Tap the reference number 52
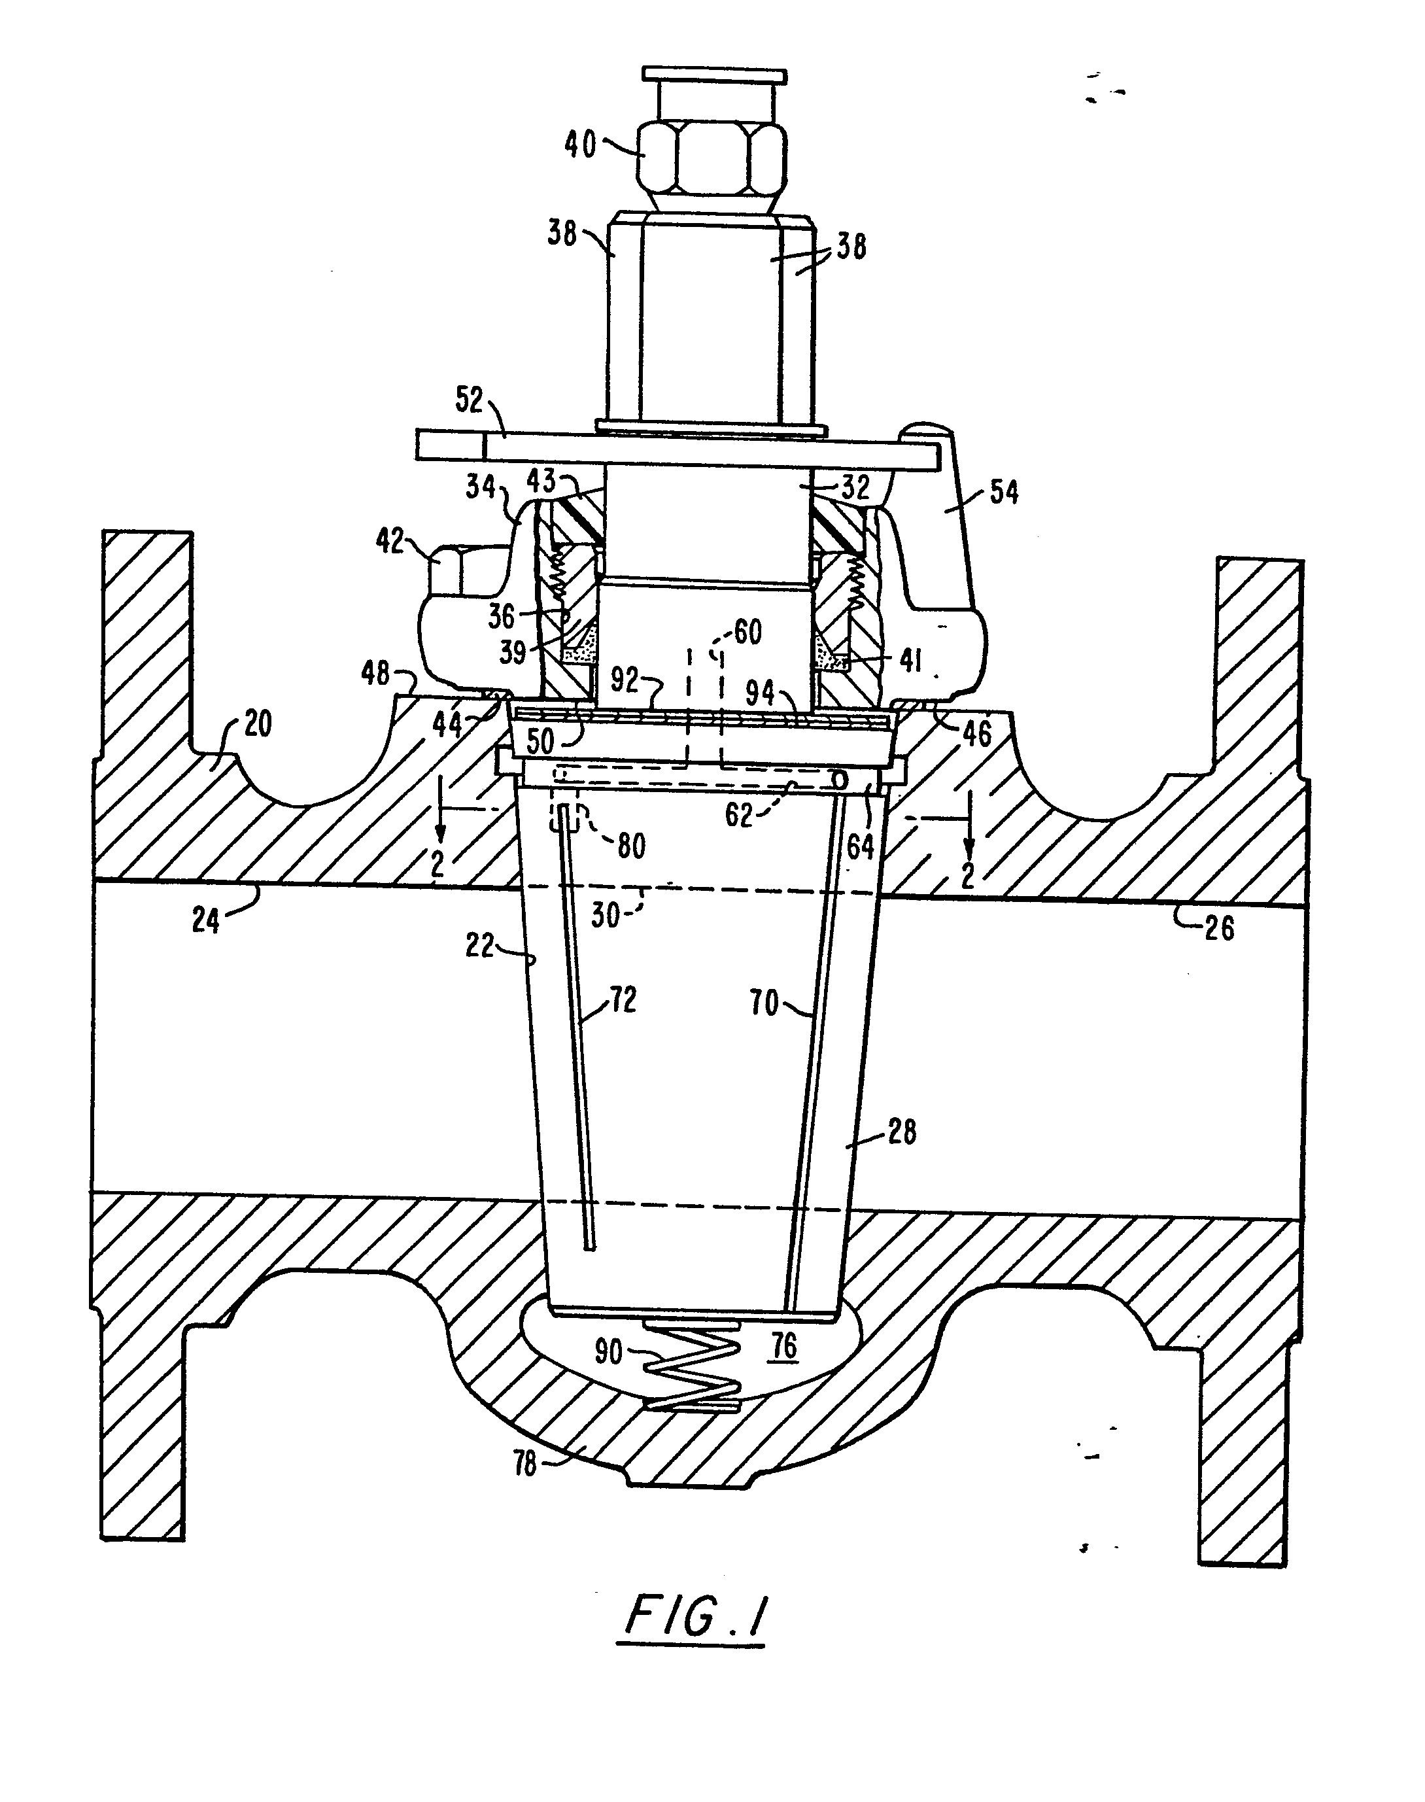(470, 400)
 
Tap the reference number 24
(205, 920)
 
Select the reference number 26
(1219, 927)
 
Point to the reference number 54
(1004, 493)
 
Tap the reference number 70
(764, 1002)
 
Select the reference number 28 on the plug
(902, 1132)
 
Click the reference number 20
(257, 723)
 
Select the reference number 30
(606, 915)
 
